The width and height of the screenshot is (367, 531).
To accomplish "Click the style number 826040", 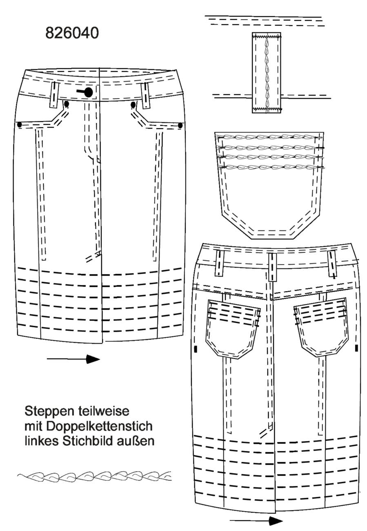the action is [72, 33].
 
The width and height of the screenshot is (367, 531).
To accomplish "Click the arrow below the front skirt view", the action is [73, 359].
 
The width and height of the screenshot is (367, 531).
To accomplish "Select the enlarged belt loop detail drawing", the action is [266, 73].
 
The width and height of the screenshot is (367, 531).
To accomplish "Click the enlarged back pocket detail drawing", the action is [269, 185].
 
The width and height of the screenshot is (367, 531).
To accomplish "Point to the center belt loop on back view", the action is [272, 267].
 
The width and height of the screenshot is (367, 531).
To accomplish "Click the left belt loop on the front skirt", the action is [54, 95].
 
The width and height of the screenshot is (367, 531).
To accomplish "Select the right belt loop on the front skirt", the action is [145, 96].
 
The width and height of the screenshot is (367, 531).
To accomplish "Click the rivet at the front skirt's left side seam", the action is [20, 125].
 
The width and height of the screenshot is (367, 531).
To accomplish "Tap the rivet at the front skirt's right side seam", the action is [180, 125].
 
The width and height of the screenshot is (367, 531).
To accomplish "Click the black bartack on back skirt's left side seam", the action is [196, 349].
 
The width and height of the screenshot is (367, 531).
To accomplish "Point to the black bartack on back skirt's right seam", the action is [356, 348].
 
